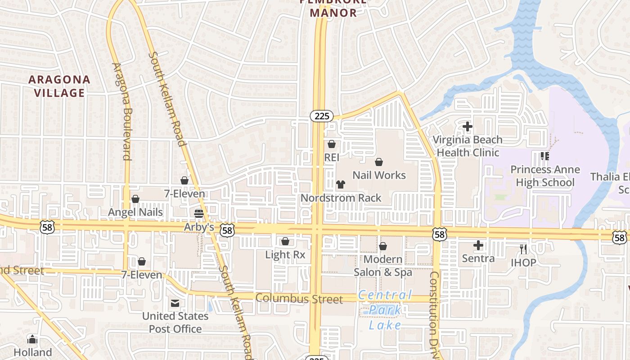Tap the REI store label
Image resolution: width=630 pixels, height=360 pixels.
[332, 157]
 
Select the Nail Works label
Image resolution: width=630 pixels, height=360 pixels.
[379, 175]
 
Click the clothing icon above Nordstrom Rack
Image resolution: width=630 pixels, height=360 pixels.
[341, 184]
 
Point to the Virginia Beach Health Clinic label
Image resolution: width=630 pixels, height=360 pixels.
[468, 146]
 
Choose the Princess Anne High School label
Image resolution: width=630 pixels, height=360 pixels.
[545, 176]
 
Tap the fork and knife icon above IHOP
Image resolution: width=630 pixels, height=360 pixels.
[523, 249]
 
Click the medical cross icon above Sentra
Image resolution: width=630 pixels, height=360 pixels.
[478, 246]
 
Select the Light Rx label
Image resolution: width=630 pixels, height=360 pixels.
[285, 255]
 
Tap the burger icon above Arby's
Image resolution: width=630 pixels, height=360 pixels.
[199, 213]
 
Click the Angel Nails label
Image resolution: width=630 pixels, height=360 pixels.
[135, 212]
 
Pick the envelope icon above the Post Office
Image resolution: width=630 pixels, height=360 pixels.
[175, 303]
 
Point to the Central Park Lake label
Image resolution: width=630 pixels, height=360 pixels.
[385, 310]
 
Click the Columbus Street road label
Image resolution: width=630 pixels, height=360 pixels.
[299, 299]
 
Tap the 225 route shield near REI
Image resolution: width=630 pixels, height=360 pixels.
[322, 116]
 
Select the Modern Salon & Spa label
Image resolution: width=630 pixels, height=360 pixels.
[382, 265]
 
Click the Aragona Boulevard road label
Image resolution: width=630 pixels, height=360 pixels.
[121, 111]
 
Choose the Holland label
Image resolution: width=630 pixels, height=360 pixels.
[33, 352]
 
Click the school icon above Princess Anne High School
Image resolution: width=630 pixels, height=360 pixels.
[545, 156]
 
